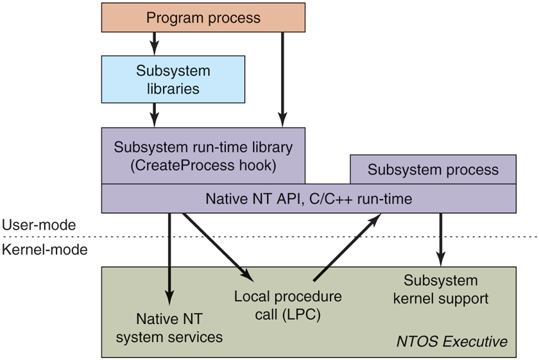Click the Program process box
203,17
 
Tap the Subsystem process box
432,169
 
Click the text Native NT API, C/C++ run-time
309,199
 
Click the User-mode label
38,225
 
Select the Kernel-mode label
44,250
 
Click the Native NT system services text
169,327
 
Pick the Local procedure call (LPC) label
287,306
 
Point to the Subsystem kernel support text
440,289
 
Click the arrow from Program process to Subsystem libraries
153,43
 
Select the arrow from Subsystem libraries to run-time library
153,115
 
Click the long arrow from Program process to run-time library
282,77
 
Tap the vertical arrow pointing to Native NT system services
170,257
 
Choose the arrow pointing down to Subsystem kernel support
440,237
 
